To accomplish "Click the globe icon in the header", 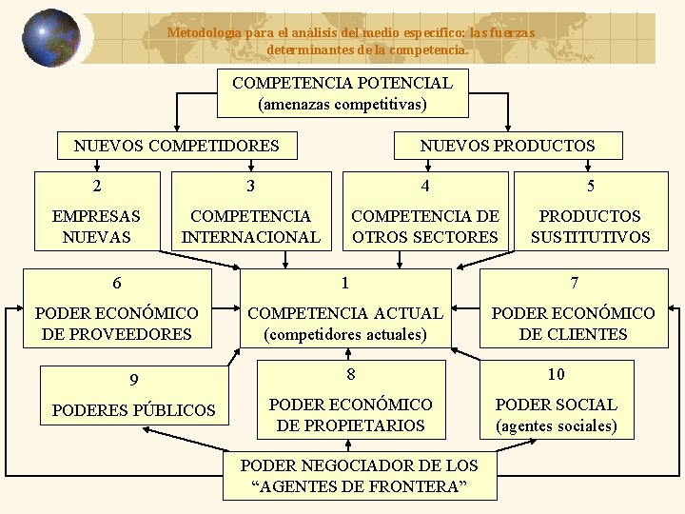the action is pos(50,38).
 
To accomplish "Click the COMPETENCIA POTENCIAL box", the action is pos(342,93).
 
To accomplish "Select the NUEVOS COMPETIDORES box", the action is pos(177,146).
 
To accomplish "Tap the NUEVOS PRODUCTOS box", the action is pos(507,146).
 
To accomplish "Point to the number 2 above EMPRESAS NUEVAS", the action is pos(97,187).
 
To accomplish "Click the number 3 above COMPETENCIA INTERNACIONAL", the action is pos(250,187).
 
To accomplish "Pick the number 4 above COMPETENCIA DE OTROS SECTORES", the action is pos(425,187).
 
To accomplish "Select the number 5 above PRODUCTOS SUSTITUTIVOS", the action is pos(590,187).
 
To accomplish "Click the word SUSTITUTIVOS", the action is pos(590,237).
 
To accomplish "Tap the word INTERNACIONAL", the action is pos(251,237).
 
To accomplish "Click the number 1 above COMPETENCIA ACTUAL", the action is pos(345,283).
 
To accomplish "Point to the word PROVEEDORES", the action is pos(117,334).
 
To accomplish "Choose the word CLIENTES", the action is pos(573,334).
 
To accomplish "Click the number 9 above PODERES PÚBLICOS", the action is pos(134,381).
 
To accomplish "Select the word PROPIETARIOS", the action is pos(351,425).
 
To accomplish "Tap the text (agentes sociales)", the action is pos(557,425).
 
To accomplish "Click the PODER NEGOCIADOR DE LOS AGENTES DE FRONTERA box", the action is pos(359,476).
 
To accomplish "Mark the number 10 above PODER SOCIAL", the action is pos(556,374).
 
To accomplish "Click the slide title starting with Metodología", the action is pos(352,40).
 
